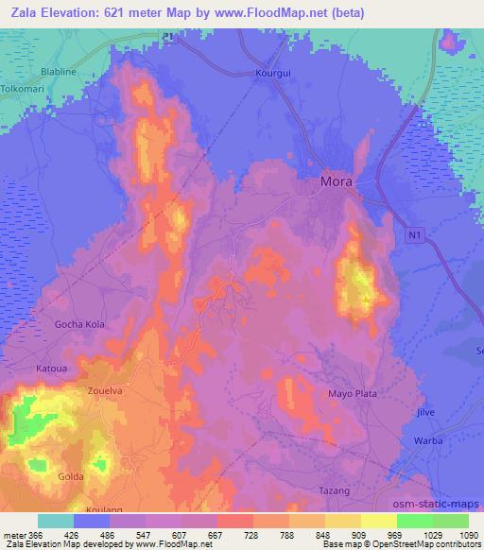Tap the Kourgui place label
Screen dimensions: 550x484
[274, 72]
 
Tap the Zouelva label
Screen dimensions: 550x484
[105, 388]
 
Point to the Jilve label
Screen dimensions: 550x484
[426, 413]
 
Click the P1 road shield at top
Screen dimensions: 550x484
[168, 37]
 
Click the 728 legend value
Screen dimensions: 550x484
[252, 536]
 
